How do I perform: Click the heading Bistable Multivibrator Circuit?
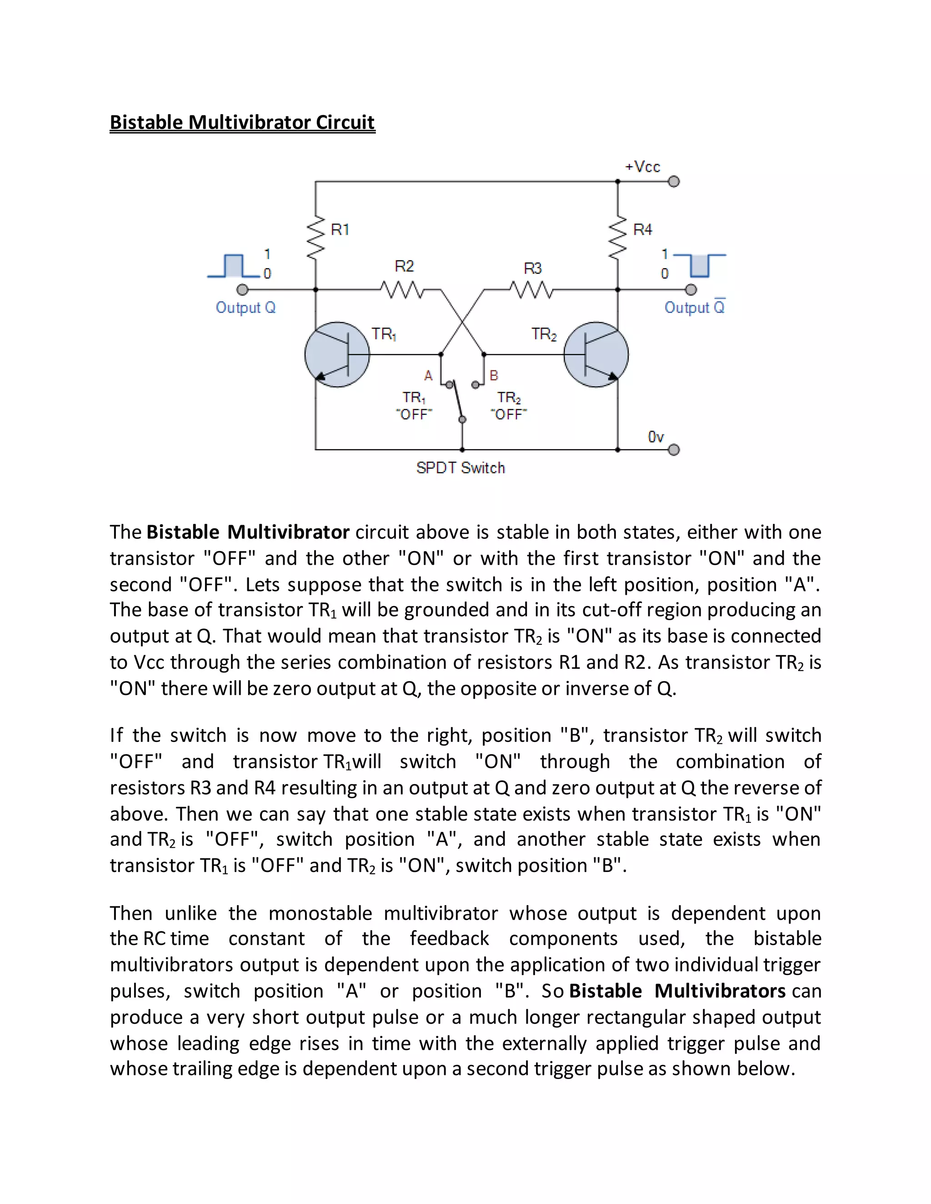242,122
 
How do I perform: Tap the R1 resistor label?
340,229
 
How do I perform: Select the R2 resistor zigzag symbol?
402,289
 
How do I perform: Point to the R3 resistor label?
533,269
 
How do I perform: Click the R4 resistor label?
642,229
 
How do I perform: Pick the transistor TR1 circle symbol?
337,354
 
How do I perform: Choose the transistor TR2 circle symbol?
596,354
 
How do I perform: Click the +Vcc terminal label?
642,166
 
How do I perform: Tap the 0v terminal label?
656,437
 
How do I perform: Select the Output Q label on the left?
245,308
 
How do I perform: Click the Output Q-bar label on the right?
695,307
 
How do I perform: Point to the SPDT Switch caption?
460,468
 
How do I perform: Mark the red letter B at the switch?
494,376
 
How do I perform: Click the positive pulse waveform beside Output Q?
233,266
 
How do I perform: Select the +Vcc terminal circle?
673,181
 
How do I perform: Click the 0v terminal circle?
673,450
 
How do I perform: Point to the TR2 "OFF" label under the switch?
509,406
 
